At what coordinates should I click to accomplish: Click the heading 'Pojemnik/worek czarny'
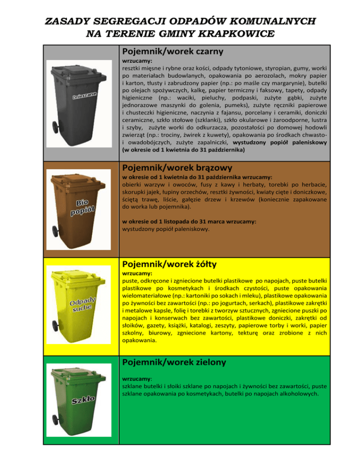pos(171,50)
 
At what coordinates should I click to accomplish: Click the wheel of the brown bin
pos(57,238)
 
